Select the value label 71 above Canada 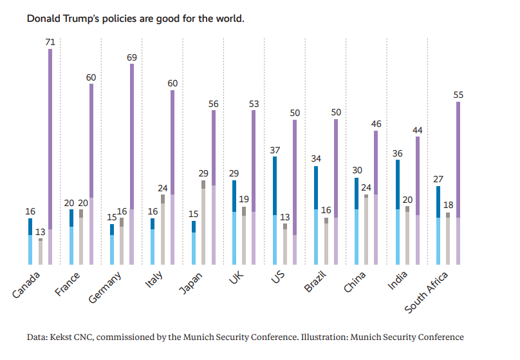tap(50, 42)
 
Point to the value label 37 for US tap(275, 150)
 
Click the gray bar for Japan tap(203, 222)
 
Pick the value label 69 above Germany tap(132, 57)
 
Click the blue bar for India tap(398, 212)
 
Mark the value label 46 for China tap(376, 124)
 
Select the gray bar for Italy tap(163, 229)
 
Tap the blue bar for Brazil tap(316, 215)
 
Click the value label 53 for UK tap(254, 104)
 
